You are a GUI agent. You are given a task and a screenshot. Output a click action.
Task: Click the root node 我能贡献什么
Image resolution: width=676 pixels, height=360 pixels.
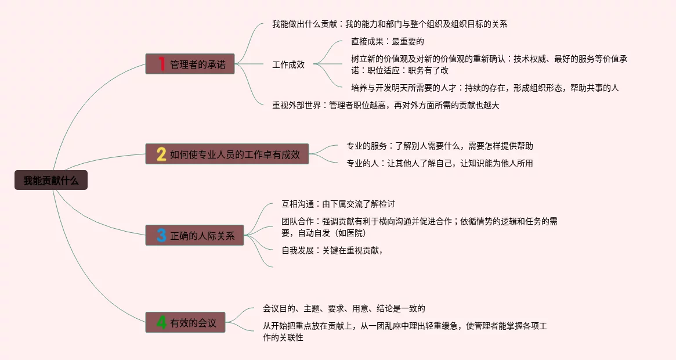pyautogui.click(x=51, y=181)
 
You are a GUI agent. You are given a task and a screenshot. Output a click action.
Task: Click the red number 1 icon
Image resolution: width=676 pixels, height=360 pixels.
pyautogui.click(x=162, y=64)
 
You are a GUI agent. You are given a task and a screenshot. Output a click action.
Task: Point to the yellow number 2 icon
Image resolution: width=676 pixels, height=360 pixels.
pyautogui.click(x=162, y=154)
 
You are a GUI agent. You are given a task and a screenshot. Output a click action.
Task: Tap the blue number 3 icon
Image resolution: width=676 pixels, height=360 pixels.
pyautogui.click(x=162, y=236)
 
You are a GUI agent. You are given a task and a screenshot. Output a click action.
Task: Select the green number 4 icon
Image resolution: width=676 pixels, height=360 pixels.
pyautogui.click(x=162, y=323)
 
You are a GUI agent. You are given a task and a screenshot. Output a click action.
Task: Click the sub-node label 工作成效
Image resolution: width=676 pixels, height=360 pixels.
pyautogui.click(x=288, y=64)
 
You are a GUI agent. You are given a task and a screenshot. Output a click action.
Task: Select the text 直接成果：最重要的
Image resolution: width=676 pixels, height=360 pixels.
pyautogui.click(x=388, y=41)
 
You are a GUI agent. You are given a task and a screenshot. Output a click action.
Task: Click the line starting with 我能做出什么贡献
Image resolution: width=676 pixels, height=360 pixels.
pyautogui.click(x=390, y=24)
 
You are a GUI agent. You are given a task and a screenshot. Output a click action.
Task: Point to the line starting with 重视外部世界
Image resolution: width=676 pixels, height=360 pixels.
pyautogui.click(x=385, y=105)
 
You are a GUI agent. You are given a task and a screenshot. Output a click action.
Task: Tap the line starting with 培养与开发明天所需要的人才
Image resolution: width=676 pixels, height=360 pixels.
pyautogui.click(x=485, y=88)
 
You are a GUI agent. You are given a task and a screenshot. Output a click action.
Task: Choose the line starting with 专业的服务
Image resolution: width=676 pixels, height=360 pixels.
pyautogui.click(x=439, y=146)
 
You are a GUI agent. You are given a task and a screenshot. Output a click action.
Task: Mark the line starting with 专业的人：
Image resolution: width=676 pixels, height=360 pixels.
pyautogui.click(x=439, y=163)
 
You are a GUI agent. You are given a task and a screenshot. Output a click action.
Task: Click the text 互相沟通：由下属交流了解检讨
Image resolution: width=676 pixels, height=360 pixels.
pyautogui.click(x=338, y=204)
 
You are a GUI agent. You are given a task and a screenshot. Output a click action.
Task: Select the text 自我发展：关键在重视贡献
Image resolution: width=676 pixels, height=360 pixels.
pyautogui.click(x=332, y=250)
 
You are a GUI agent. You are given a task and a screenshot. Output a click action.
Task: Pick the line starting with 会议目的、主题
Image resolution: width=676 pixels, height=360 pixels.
pyautogui.click(x=344, y=308)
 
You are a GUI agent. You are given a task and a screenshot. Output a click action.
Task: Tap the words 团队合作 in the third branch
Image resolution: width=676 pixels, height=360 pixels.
pyautogui.click(x=298, y=221)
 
